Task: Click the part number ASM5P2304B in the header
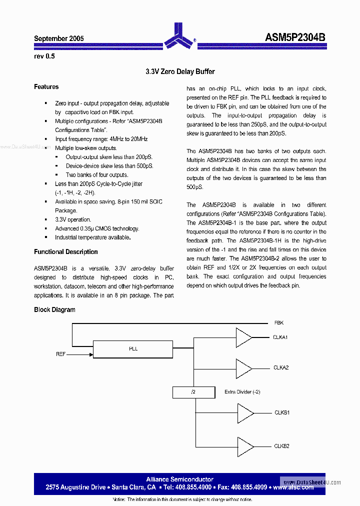[295, 38]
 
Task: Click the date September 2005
[59, 38]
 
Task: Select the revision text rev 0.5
[44, 56]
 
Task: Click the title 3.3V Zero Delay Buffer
[180, 72]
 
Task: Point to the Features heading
[46, 87]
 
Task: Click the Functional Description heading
[66, 252]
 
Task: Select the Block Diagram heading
[54, 310]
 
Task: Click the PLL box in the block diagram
[133, 349]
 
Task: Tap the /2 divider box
[193, 392]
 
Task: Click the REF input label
[61, 354]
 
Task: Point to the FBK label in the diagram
[279, 323]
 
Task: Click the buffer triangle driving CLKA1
[243, 337]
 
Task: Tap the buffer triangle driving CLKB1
[244, 413]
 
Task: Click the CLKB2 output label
[281, 446]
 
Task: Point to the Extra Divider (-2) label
[242, 391]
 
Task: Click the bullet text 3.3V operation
[73, 219]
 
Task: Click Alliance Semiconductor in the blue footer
[179, 479]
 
